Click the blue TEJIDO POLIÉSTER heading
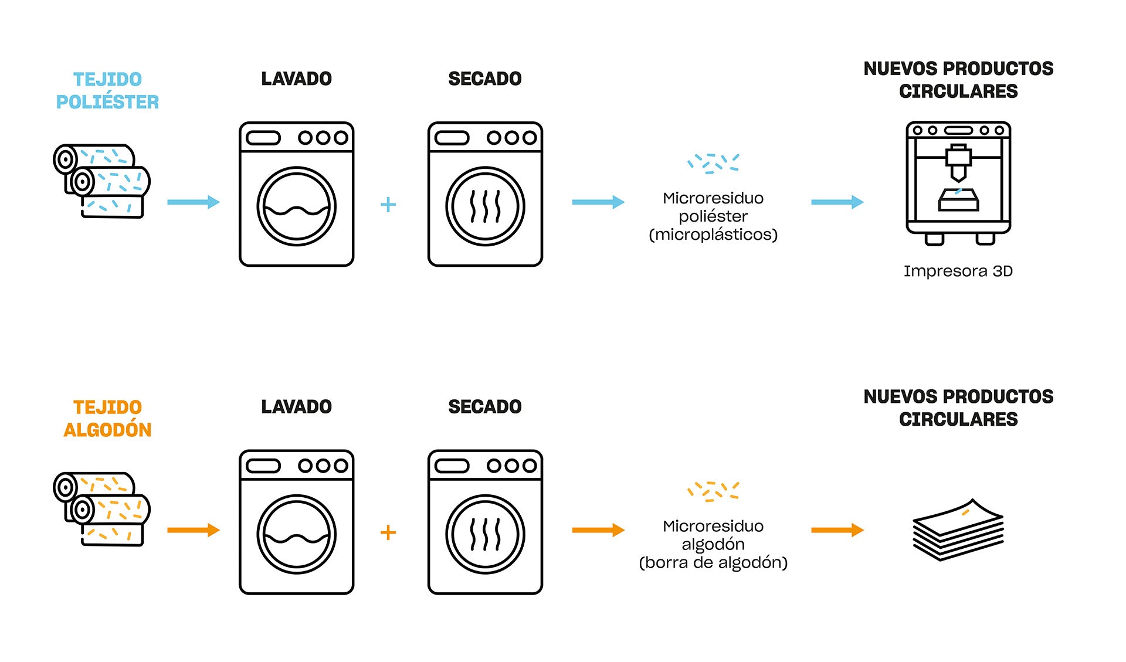coord(107,90)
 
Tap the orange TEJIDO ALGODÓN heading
coord(107,418)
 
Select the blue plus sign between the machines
coord(388,204)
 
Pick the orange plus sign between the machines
coord(388,532)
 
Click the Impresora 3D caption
coord(958,271)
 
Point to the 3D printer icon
coord(958,182)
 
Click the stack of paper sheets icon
coord(958,529)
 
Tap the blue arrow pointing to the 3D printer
coord(837,202)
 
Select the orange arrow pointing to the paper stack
coord(837,530)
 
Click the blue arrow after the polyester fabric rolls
coord(193,202)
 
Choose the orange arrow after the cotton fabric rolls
coord(193,530)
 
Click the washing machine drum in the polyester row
coord(296,206)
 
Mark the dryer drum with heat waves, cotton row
coord(485,534)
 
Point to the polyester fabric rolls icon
coord(102,181)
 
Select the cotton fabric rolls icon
coord(102,508)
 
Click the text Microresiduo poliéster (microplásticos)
coord(713,216)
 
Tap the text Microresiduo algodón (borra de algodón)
coord(713,544)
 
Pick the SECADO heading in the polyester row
coord(484,79)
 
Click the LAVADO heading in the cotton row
coord(296,406)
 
